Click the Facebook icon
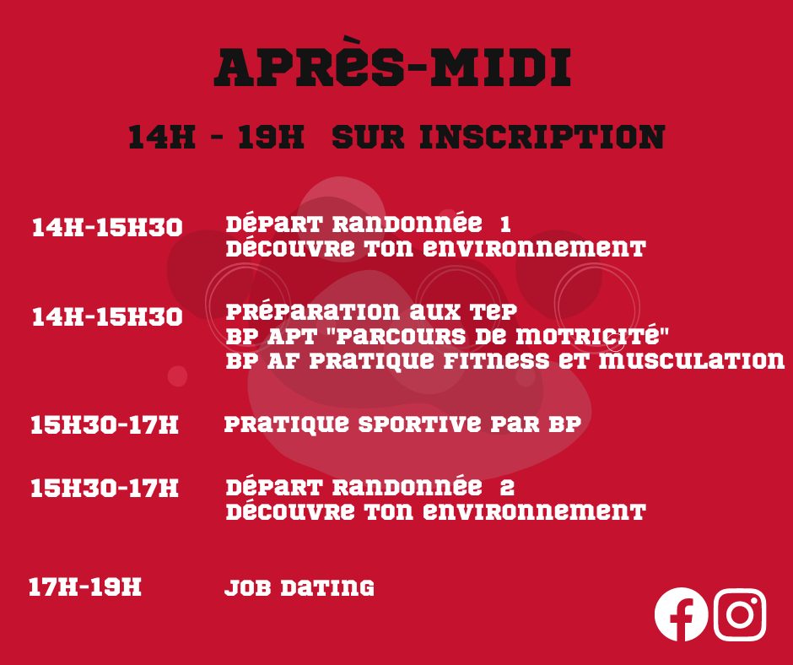click(681, 614)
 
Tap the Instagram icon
click(740, 614)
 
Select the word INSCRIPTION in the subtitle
click(542, 137)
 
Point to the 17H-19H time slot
click(85, 587)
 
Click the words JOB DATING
click(299, 587)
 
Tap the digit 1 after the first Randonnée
click(505, 224)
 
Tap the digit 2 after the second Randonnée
click(507, 488)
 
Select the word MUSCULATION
click(692, 361)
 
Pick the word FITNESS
click(496, 361)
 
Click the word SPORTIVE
click(420, 424)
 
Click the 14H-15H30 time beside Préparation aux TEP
click(107, 316)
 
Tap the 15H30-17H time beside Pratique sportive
click(105, 424)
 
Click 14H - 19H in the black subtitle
click(217, 137)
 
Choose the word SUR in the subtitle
click(369, 137)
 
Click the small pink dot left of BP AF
click(177, 376)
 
